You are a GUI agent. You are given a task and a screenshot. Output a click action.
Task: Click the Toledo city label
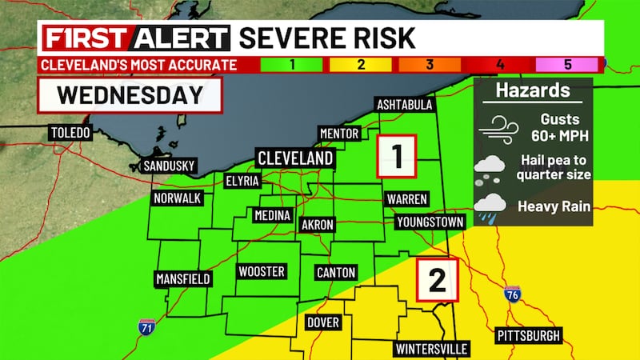click(x=70, y=132)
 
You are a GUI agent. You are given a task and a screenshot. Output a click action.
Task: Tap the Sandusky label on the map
click(x=167, y=166)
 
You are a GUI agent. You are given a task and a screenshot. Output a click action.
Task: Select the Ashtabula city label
click(x=405, y=106)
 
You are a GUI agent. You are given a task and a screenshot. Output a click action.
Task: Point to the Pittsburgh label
click(x=528, y=334)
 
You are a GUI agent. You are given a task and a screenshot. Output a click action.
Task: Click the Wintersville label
click(x=431, y=349)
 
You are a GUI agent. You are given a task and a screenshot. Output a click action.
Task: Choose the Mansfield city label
click(x=183, y=278)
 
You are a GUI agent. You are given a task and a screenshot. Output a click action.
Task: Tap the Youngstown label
click(x=429, y=221)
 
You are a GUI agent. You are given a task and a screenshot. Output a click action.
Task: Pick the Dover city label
click(x=323, y=322)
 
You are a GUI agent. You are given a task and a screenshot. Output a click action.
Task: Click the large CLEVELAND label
click(x=294, y=158)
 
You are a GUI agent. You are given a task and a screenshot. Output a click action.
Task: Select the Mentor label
click(x=340, y=133)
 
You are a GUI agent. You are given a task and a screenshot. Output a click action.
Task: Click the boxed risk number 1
click(x=397, y=154)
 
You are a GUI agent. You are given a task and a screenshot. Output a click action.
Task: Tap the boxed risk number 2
click(x=436, y=280)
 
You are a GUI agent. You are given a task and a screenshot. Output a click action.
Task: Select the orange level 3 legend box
click(x=430, y=65)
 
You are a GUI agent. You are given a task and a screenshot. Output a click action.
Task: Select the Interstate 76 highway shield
click(x=513, y=294)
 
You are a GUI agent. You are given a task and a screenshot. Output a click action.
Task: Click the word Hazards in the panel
click(x=533, y=91)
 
